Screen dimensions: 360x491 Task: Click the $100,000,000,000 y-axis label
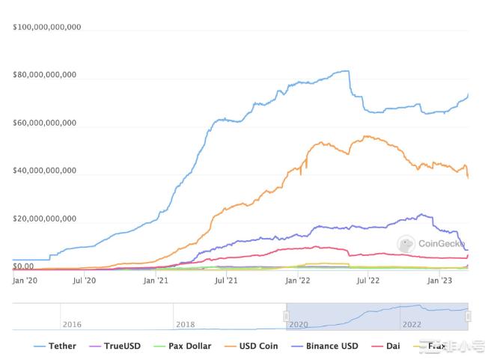pyautogui.click(x=46, y=28)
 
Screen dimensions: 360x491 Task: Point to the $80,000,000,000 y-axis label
pyautogui.click(x=45, y=76)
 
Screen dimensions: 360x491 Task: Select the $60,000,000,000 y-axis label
pyautogui.click(x=45, y=123)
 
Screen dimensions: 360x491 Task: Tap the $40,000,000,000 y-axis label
pyautogui.click(x=45, y=171)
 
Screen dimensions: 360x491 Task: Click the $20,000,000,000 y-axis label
pyautogui.click(x=45, y=219)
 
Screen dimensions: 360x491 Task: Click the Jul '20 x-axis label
pyautogui.click(x=85, y=281)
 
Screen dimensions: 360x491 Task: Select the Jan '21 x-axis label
pyautogui.click(x=155, y=281)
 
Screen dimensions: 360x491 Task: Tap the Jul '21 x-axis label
pyautogui.click(x=225, y=281)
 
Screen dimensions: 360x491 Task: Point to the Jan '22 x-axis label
pyautogui.click(x=297, y=281)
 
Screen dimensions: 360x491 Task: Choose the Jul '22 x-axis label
pyautogui.click(x=367, y=281)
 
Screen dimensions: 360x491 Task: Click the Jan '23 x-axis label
pyautogui.click(x=439, y=281)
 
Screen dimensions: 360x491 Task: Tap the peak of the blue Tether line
pyautogui.click(x=345, y=71)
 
